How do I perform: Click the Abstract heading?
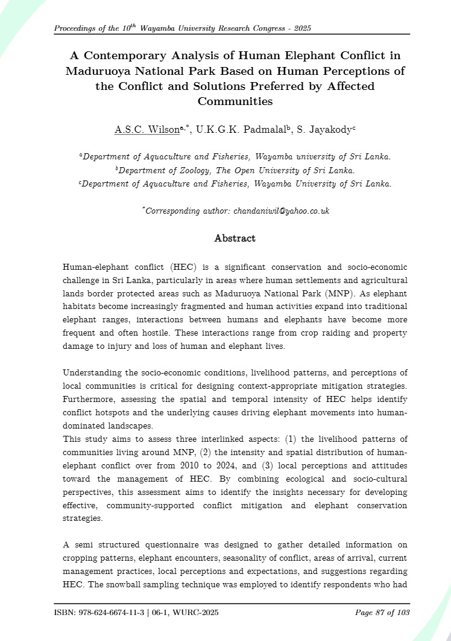point(235,238)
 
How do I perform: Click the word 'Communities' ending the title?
point(235,101)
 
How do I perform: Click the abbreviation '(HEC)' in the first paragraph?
point(180,267)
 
